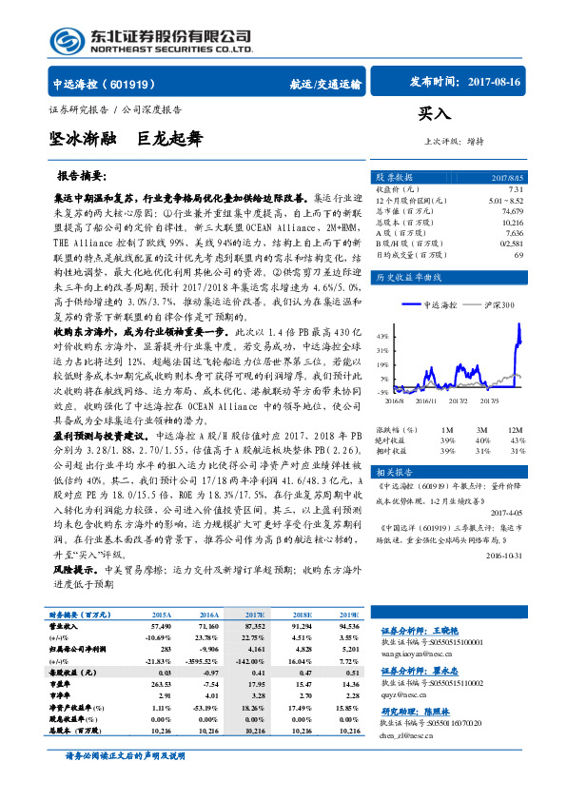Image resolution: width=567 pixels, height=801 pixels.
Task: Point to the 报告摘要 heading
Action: pos(82,176)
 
